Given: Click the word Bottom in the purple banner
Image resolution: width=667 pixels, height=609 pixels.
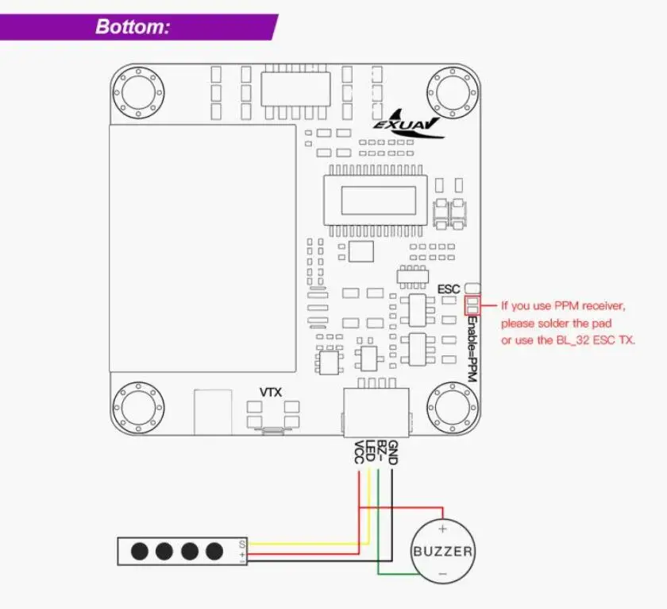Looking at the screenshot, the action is [x=133, y=26].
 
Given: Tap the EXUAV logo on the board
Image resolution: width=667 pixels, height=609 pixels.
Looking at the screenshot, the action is [x=407, y=124].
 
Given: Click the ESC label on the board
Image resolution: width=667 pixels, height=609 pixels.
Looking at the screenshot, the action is [x=449, y=289].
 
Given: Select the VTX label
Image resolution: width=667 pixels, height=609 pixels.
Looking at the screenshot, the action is [x=271, y=392].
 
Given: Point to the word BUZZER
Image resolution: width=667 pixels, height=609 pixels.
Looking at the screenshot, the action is [x=443, y=552].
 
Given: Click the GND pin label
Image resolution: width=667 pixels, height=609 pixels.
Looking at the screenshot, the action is [x=393, y=452].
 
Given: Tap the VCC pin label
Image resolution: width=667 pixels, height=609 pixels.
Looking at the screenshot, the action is [x=359, y=452].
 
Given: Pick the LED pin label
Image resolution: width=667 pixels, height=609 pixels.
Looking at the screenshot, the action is [x=370, y=451].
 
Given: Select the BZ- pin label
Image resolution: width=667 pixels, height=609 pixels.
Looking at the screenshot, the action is [x=382, y=452].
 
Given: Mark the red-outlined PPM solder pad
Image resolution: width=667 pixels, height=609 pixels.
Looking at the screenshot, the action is [x=472, y=305].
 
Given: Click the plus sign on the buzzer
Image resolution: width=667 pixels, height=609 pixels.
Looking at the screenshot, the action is [x=442, y=529].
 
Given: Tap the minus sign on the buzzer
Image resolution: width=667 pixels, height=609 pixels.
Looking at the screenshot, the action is [x=442, y=574].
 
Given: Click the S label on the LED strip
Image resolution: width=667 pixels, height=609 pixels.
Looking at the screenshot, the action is [x=242, y=545].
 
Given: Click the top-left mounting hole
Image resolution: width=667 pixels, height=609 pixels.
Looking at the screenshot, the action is [x=138, y=92].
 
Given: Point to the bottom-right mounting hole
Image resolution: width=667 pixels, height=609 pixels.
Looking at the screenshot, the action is [x=452, y=407].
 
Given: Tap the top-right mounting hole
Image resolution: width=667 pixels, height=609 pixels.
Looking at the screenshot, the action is [x=452, y=92].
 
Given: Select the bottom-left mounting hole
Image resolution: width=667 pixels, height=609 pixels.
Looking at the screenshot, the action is [x=138, y=407].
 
